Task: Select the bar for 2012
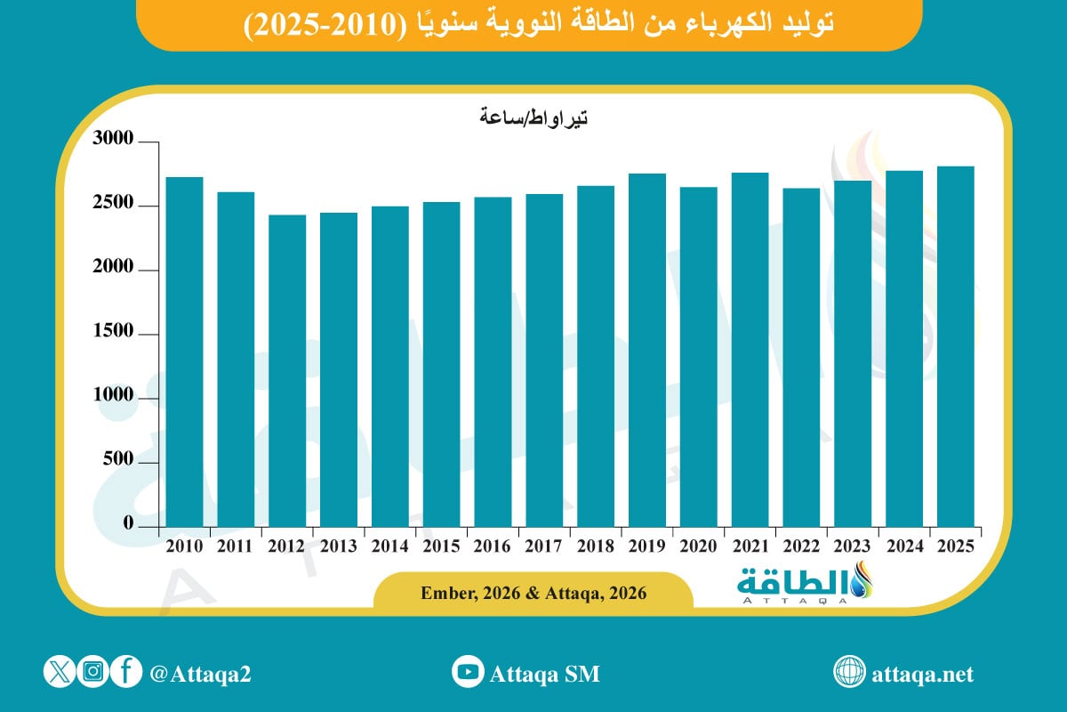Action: click(x=287, y=370)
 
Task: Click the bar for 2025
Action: click(x=956, y=346)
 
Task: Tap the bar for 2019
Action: click(x=647, y=350)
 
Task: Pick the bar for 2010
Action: click(x=184, y=352)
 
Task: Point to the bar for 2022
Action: click(x=801, y=357)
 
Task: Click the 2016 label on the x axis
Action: click(x=493, y=546)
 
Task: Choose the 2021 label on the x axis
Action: click(x=750, y=546)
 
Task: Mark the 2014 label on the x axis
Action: click(x=389, y=546)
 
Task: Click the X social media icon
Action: click(x=60, y=673)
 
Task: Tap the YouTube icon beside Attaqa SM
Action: click(x=467, y=673)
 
